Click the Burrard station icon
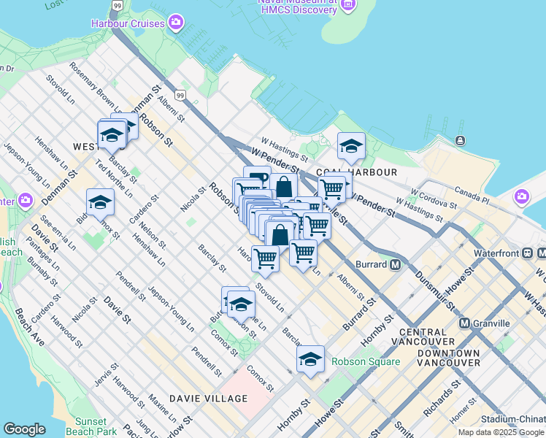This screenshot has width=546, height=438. (x=395, y=264)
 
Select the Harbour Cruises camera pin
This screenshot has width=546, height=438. (x=175, y=23)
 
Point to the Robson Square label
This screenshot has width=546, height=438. (x=366, y=361)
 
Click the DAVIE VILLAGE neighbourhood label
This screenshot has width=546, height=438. (x=208, y=399)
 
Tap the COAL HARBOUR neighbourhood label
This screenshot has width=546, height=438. (x=367, y=172)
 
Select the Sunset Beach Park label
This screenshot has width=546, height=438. (x=96, y=426)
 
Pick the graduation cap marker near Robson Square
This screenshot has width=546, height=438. (x=310, y=358)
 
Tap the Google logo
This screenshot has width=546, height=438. (x=24, y=429)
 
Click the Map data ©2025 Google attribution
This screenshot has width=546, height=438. (x=500, y=432)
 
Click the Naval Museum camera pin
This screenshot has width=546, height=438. (x=347, y=4)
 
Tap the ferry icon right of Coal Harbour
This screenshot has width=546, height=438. (x=461, y=140)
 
